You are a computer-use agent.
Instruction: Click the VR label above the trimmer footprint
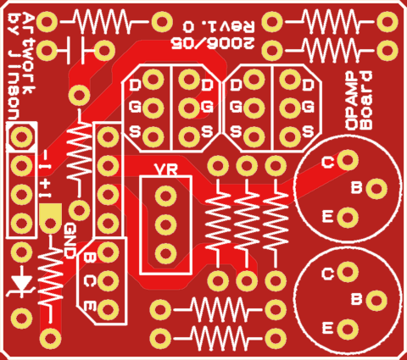(166, 169)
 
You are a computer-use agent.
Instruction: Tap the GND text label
(70, 241)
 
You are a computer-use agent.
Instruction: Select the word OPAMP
(352, 101)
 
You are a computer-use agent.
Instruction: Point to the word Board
(366, 101)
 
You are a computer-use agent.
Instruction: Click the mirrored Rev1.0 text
(219, 26)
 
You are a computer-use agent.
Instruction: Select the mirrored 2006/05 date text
(213, 43)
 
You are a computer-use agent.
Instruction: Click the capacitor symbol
(75, 50)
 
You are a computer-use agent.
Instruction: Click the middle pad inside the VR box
(165, 224)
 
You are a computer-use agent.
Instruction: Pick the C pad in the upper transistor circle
(348, 160)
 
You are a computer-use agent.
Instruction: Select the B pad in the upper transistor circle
(376, 189)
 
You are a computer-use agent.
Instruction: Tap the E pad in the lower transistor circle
(348, 329)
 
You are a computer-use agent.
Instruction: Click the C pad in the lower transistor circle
(348, 272)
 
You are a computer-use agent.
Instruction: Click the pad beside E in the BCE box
(108, 309)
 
